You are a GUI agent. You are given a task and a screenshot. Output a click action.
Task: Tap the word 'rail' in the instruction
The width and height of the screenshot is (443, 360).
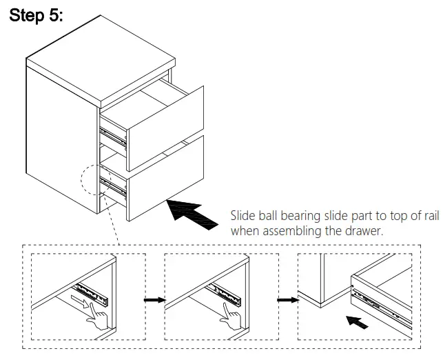[429, 215]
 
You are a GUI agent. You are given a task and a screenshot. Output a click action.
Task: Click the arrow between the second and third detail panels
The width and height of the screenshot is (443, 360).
[286, 300]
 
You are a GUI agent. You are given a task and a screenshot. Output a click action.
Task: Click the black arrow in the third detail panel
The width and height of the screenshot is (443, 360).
[356, 322]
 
